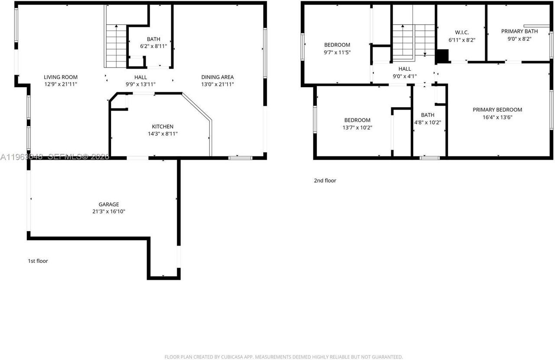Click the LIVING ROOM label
pyautogui.click(x=61, y=77)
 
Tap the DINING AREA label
pyautogui.click(x=217, y=77)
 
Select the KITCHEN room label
pyautogui.click(x=163, y=127)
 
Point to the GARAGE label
pyautogui.click(x=108, y=204)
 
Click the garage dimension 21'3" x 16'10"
pyautogui.click(x=108, y=212)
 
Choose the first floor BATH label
pyautogui.click(x=153, y=39)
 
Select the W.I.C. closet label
pyautogui.click(x=462, y=32)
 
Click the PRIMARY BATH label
pyautogui.click(x=519, y=31)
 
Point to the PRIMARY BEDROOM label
pyautogui.click(x=497, y=110)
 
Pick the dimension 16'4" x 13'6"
pyautogui.click(x=497, y=117)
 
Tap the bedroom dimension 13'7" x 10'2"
pyautogui.click(x=357, y=128)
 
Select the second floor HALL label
pyautogui.click(x=405, y=69)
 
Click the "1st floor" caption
pyautogui.click(x=38, y=261)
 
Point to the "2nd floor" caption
pyautogui.click(x=325, y=180)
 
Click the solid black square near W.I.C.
pyautogui.click(x=442, y=56)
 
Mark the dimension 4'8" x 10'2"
pyautogui.click(x=428, y=122)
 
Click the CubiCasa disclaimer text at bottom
pyautogui.click(x=284, y=357)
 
